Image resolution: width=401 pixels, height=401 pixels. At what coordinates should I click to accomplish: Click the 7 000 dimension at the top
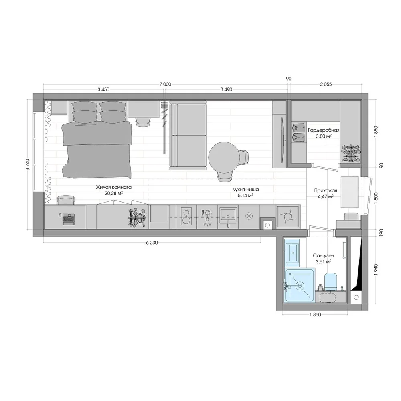pyautogui.click(x=165, y=84)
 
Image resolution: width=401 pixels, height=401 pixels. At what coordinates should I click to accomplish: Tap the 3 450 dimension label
pyautogui.click(x=103, y=89)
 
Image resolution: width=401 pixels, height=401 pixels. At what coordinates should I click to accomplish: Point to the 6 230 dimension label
pyautogui.click(x=152, y=243)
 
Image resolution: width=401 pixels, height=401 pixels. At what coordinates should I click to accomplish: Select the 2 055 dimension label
pyautogui.click(x=326, y=84)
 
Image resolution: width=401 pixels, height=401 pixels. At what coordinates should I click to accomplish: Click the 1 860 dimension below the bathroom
pyautogui.click(x=315, y=315)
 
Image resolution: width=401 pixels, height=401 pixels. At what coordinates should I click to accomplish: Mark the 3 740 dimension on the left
pyautogui.click(x=28, y=164)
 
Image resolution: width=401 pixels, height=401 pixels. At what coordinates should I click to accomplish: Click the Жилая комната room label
pyautogui.click(x=114, y=187)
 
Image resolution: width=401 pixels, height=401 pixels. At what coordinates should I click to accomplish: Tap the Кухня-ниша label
pyautogui.click(x=245, y=190)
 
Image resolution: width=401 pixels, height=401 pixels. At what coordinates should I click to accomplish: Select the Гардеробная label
pyautogui.click(x=324, y=130)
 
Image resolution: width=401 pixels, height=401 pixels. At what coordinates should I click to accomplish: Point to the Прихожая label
pyautogui.click(x=326, y=190)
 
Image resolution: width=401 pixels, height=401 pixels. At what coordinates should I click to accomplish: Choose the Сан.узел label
pyautogui.click(x=324, y=255)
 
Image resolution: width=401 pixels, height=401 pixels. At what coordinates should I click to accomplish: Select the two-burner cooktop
pyautogui.click(x=186, y=217)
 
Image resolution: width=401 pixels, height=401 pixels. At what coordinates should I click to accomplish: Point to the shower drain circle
pyautogui.click(x=299, y=285)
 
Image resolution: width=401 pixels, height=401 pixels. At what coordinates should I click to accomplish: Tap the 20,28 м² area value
pyautogui.click(x=114, y=194)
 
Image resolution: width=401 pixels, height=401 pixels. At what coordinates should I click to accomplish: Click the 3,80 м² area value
pyautogui.click(x=324, y=136)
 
